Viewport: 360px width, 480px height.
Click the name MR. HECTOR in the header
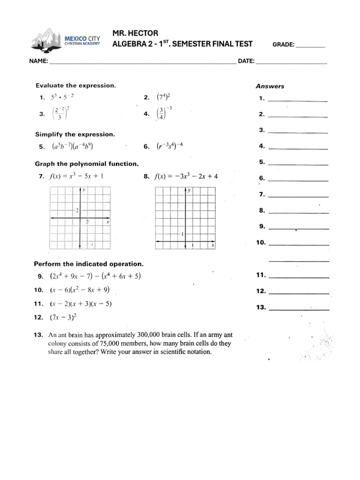(x=135, y=33)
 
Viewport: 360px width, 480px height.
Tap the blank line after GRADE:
(x=311, y=46)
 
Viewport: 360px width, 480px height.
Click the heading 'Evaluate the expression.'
(x=75, y=85)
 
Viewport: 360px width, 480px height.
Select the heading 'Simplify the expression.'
(x=75, y=134)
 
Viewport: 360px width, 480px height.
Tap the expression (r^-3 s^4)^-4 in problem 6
(x=169, y=146)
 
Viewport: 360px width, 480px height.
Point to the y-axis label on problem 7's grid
(x=84, y=190)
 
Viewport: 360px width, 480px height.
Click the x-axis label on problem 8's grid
(x=213, y=245)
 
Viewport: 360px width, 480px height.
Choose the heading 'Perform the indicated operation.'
(x=89, y=264)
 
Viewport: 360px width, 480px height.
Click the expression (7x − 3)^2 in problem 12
(x=63, y=317)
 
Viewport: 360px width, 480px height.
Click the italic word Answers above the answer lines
(x=270, y=86)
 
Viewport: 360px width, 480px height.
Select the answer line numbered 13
(x=300, y=308)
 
